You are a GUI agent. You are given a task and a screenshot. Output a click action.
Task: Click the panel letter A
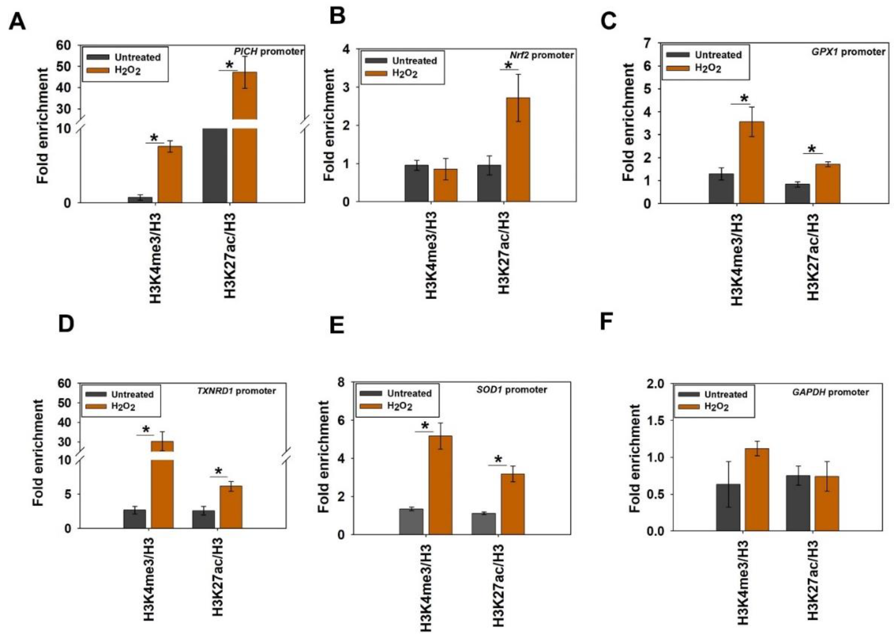[17, 22]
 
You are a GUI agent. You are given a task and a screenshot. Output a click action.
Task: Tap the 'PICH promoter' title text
[269, 52]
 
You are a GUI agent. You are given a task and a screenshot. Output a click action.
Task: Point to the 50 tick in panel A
[63, 66]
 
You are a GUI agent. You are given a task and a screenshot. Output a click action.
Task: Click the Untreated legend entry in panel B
[401, 61]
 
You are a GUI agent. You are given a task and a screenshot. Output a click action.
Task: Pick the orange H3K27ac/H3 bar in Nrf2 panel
[518, 149]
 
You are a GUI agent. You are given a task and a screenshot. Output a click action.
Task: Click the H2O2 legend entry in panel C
[697, 68]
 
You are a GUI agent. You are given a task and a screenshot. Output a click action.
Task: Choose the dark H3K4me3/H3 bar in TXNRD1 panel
[135, 519]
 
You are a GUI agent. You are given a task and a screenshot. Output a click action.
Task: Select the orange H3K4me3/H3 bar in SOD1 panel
[440, 485]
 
